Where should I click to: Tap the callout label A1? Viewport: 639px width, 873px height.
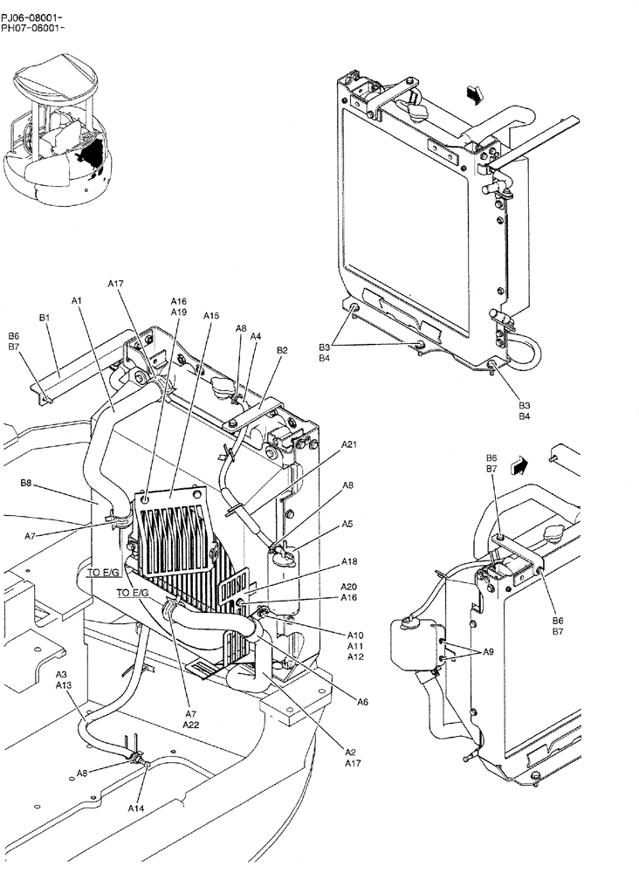click(77, 300)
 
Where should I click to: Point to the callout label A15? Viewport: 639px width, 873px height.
click(211, 315)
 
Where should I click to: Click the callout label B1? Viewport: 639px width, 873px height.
click(45, 319)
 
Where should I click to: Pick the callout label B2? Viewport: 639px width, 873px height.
click(282, 350)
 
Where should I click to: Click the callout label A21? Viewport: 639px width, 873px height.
click(349, 444)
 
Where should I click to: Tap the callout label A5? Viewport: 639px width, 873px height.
click(347, 525)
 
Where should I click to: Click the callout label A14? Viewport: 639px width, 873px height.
click(136, 809)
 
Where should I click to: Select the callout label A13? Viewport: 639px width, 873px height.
click(64, 685)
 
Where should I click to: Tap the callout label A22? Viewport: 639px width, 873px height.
click(190, 724)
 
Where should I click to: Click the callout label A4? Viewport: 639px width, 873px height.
click(256, 336)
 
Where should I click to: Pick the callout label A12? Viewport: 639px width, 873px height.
click(355, 656)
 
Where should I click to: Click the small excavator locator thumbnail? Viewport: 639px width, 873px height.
click(61, 127)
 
